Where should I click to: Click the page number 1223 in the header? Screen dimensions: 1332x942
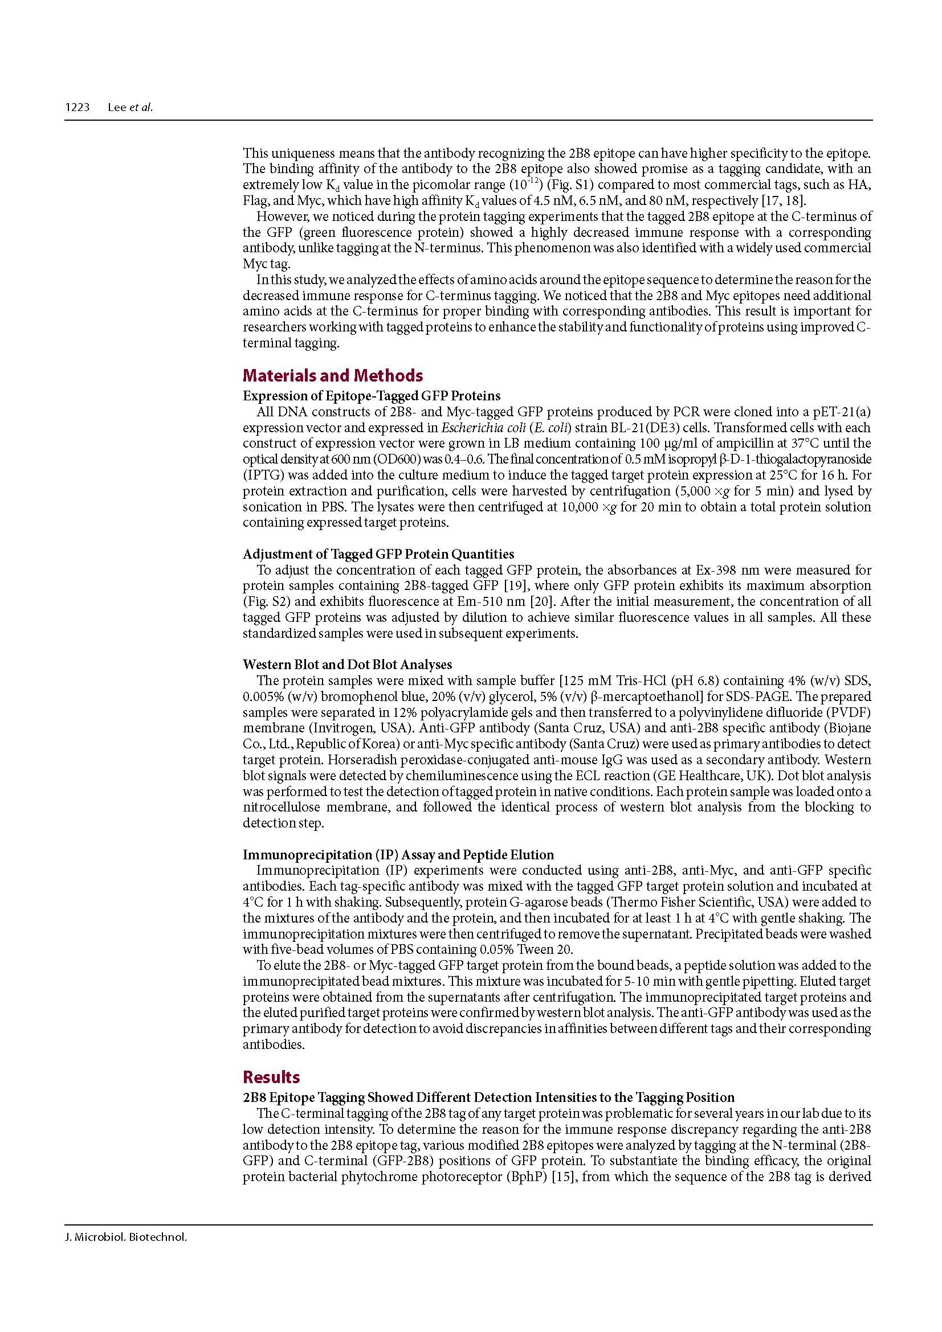(x=76, y=107)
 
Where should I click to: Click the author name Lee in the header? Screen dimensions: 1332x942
(x=117, y=107)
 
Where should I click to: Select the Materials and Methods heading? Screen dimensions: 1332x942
(x=333, y=375)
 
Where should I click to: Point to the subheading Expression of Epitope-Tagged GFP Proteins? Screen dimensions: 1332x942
(x=372, y=396)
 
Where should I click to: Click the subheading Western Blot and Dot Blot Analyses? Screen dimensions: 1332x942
(x=347, y=664)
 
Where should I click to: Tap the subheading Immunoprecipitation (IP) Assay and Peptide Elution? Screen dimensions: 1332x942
(x=398, y=855)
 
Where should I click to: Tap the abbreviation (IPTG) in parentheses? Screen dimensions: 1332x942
(x=259, y=475)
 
